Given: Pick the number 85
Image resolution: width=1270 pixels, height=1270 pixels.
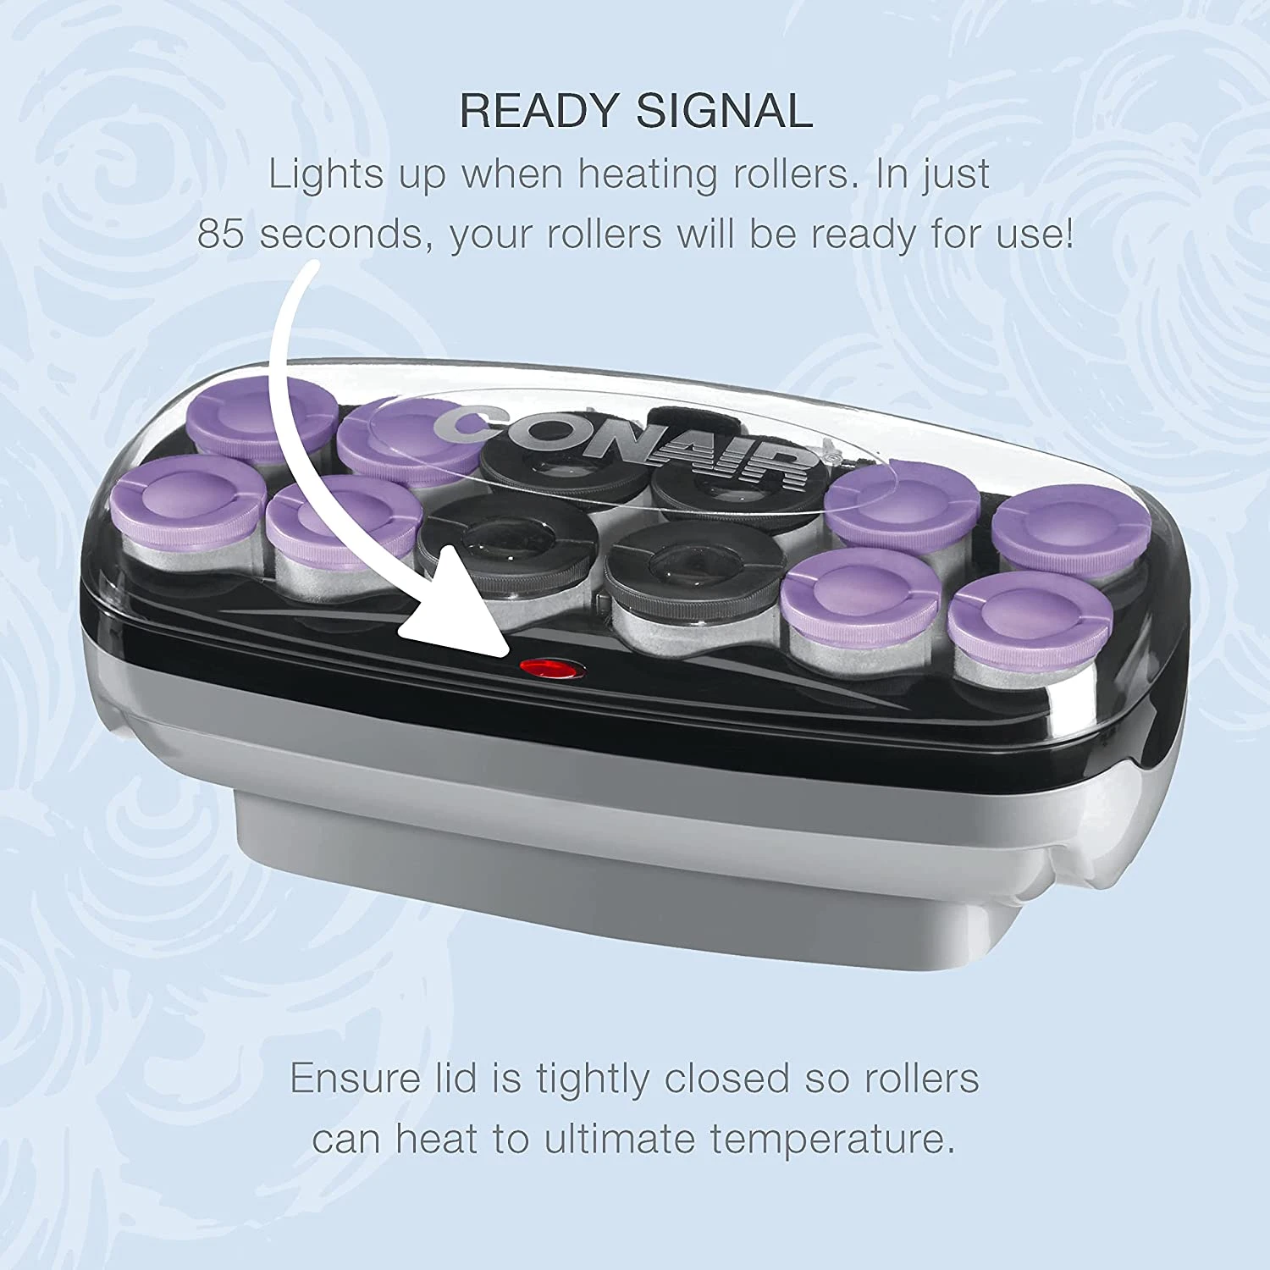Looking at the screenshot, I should [220, 234].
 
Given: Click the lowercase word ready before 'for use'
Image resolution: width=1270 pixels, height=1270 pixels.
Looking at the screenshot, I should [863, 235].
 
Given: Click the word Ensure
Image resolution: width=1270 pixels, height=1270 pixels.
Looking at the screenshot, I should [355, 1079].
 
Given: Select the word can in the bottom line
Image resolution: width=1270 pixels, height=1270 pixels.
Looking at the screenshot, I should [345, 1140].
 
